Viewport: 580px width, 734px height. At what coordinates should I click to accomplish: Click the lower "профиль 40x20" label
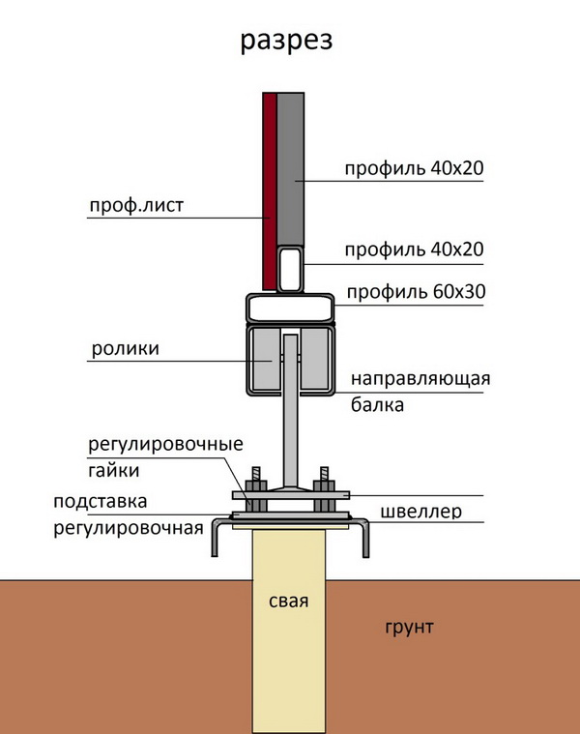click(414, 250)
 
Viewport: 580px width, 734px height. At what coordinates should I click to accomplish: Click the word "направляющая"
click(420, 378)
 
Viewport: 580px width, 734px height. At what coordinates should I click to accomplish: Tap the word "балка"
click(377, 405)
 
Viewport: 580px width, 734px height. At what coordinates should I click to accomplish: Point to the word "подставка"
click(101, 502)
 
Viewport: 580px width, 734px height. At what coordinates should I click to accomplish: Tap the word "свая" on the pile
click(289, 602)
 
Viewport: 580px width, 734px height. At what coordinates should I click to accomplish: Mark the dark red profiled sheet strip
click(269, 184)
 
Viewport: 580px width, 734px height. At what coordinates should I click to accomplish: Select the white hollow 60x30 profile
click(291, 308)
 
